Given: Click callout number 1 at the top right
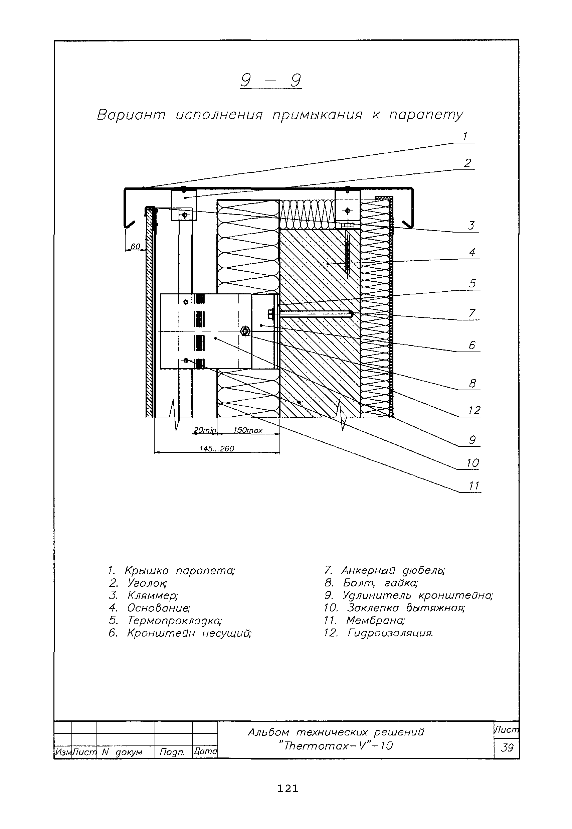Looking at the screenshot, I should point(465,137).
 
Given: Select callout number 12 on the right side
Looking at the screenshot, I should point(474,410).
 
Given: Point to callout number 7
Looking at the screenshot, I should point(472,313).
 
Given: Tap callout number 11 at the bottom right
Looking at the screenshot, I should point(474,486).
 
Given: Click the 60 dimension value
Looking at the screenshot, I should point(135,247).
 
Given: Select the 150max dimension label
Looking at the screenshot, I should point(248,431).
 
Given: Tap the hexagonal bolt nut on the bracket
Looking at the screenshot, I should point(245,331).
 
